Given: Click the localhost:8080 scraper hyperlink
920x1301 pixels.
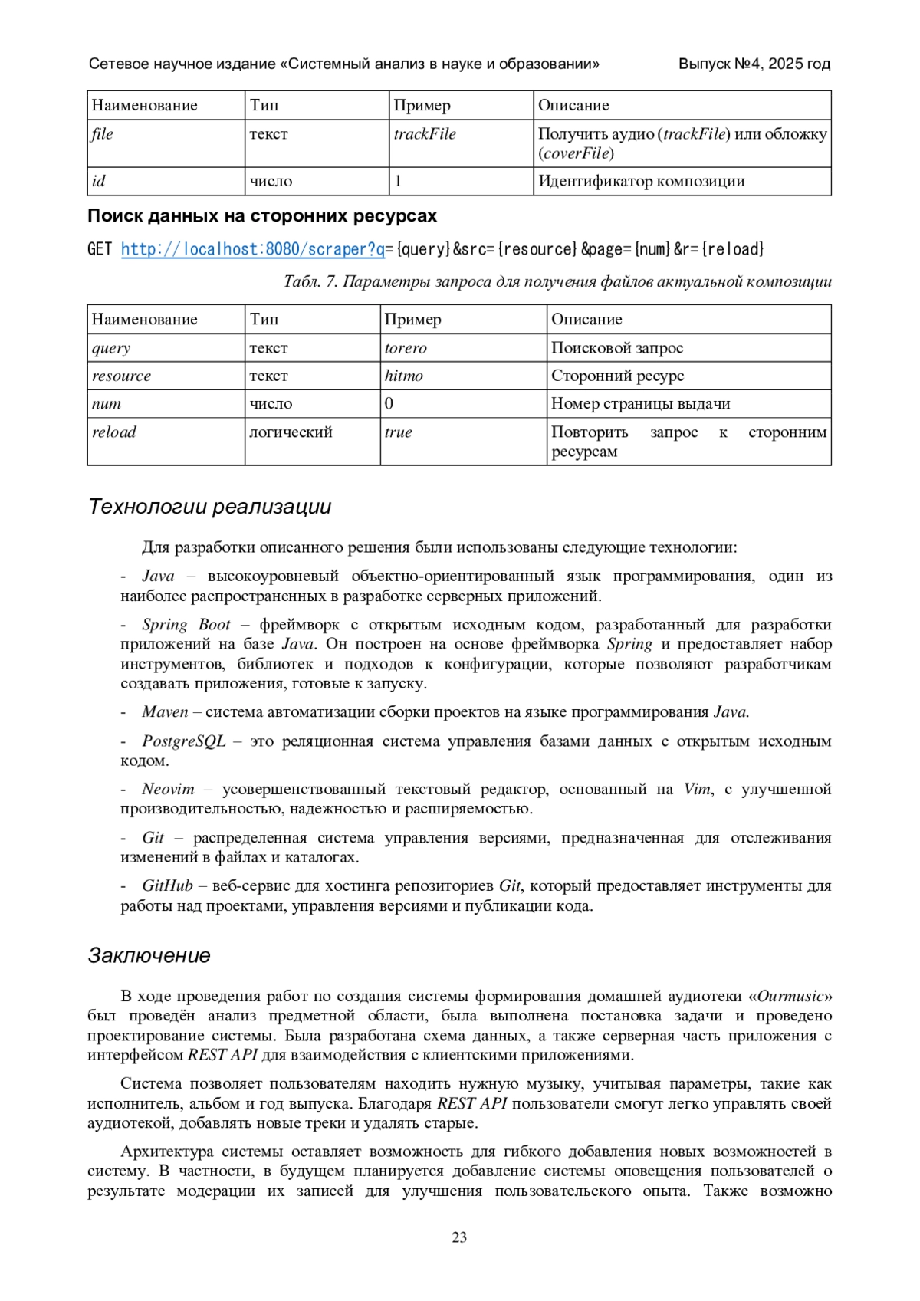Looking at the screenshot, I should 253,249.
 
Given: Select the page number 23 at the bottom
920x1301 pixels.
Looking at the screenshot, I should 459,1237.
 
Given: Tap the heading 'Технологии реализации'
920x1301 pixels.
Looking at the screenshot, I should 210,507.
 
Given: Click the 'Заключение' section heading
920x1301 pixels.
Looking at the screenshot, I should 149,955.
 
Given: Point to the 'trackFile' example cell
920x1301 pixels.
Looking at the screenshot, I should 425,134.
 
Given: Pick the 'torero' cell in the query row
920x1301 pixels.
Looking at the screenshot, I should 406,348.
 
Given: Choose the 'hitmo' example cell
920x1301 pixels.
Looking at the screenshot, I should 404,376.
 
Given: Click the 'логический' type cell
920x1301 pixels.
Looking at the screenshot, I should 291,432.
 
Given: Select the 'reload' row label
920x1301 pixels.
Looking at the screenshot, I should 114,432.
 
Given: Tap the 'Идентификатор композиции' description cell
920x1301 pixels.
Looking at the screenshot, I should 642,182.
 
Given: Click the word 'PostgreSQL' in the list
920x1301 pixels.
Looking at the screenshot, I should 184,741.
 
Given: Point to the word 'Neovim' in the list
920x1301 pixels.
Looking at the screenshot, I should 168,789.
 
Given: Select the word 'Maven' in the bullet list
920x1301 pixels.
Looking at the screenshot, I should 165,712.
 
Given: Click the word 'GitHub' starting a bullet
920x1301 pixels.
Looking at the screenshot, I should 167,885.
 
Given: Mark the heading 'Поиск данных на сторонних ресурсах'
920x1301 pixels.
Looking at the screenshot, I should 262,216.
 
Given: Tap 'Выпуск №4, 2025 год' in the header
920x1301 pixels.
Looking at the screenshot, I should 754,64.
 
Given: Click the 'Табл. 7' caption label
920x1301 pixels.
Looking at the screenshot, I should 310,282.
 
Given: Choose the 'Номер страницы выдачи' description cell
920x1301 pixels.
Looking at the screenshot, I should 640,404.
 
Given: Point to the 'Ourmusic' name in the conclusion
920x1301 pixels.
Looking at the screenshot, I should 790,997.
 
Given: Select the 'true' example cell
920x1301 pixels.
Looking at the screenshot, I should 398,432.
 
